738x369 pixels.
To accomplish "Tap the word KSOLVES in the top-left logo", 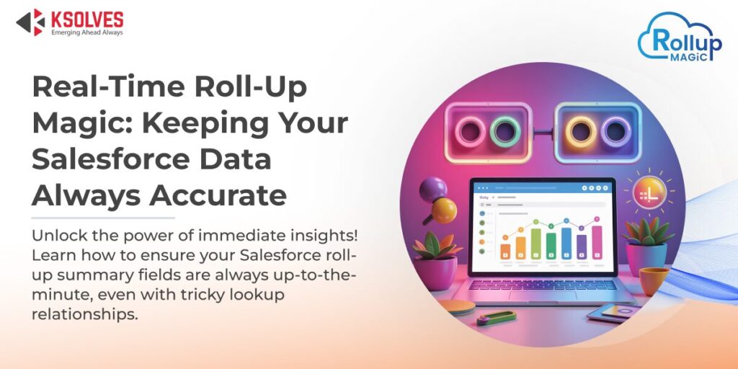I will point(86,18).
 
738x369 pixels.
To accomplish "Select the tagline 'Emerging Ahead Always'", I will point(86,32).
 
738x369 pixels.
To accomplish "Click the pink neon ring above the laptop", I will point(474,131).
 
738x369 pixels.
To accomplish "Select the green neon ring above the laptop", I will point(505,131).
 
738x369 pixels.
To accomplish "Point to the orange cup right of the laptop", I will point(654,280).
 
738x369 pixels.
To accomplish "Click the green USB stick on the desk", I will point(497,317).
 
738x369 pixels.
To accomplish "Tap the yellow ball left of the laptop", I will point(445,210).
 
